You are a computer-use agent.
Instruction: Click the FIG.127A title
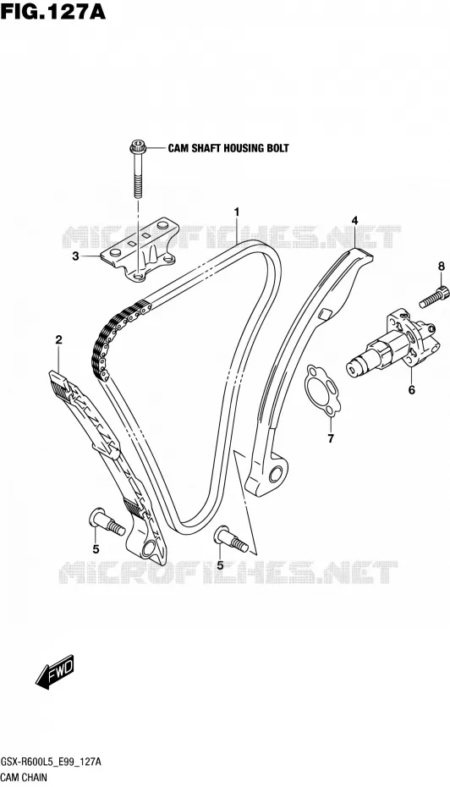click(x=52, y=11)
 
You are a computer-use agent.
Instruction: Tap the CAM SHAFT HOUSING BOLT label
click(x=228, y=148)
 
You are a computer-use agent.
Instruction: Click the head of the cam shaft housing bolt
click(x=136, y=147)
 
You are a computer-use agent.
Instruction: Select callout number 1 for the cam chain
click(x=236, y=212)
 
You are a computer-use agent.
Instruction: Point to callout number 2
click(x=58, y=340)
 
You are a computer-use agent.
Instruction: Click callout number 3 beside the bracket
click(x=75, y=256)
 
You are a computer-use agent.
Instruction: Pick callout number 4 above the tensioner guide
click(x=354, y=220)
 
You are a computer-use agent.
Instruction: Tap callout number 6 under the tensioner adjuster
click(x=411, y=389)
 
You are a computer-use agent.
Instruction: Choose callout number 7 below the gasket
click(x=331, y=439)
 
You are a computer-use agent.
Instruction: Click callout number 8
click(x=442, y=267)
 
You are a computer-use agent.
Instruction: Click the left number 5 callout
click(x=96, y=549)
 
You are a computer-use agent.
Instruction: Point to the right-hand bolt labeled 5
click(x=231, y=537)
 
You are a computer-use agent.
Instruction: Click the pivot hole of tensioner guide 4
click(x=276, y=473)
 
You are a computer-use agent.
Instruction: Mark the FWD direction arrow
click(x=55, y=671)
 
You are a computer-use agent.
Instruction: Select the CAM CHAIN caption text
click(x=24, y=777)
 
